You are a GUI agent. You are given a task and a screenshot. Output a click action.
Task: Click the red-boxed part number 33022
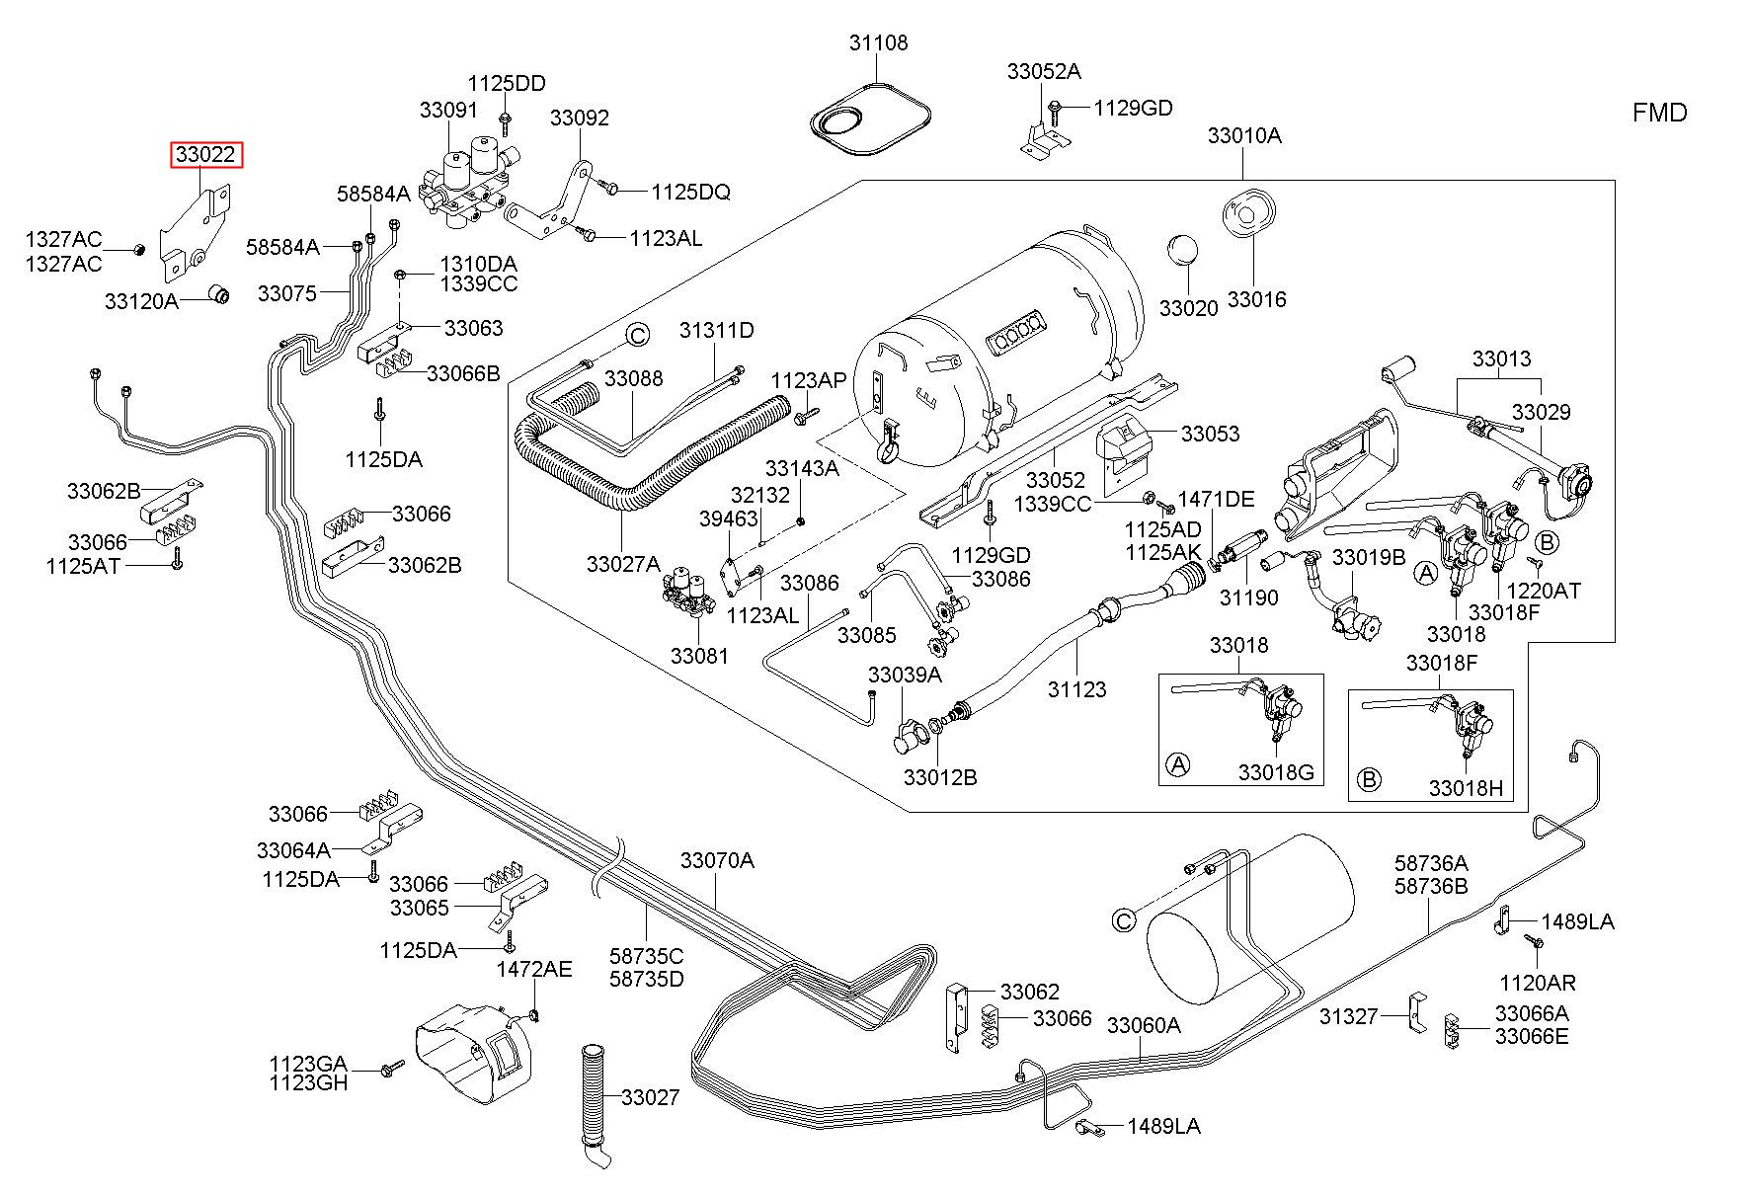coord(206,156)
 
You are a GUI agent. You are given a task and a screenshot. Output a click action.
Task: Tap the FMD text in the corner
coord(1659,113)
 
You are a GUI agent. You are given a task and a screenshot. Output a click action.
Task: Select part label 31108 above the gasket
coord(878,43)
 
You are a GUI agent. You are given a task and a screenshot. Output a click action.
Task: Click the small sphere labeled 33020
coord(1179,250)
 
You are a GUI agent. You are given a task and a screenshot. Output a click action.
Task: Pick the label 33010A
coord(1244,135)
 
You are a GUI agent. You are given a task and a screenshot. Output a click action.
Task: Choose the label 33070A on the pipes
coord(717,861)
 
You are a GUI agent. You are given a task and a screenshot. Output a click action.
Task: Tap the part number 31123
coord(1077,689)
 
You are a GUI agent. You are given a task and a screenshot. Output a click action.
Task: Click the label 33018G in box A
coord(1276,772)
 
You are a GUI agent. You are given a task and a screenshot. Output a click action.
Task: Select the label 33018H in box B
coord(1466,787)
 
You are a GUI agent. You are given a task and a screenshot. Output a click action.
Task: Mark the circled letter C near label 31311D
coord(638,335)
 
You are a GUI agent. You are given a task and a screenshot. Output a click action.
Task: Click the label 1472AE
coord(533,969)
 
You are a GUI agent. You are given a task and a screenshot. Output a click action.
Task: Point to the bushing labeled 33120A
coord(221,293)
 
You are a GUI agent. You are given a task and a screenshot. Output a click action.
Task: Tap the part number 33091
coord(448,110)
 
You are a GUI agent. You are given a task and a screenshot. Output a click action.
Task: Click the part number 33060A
coord(1144,1025)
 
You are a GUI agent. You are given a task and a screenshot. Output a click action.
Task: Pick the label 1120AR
coord(1538,983)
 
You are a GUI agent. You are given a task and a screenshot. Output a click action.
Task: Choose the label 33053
coord(1210,434)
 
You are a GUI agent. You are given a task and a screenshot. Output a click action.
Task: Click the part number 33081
coord(699,655)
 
